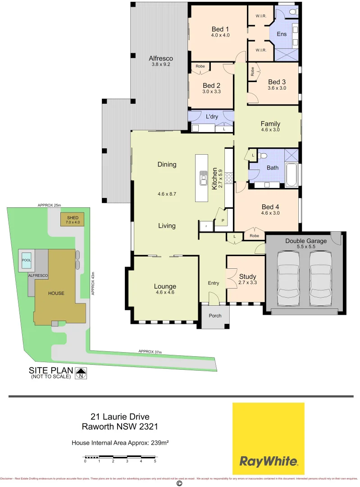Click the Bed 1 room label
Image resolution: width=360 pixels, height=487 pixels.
pyautogui.click(x=221, y=29)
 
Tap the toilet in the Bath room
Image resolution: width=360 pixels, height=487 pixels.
pyautogui.click(x=263, y=156)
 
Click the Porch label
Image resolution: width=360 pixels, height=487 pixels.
pyautogui.click(x=215, y=315)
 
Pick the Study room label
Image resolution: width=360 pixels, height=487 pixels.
pyautogui.click(x=247, y=276)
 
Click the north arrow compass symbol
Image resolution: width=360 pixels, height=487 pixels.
pyautogui.click(x=81, y=373)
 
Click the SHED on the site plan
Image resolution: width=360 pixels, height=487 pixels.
pyautogui.click(x=73, y=220)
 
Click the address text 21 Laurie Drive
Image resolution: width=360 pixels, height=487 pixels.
pyautogui.click(x=120, y=417)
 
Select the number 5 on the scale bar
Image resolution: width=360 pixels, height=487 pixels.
pyautogui.click(x=155, y=461)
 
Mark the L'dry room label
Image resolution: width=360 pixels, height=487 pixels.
pyautogui.click(x=212, y=117)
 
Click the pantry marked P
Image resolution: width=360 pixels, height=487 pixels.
pyautogui.click(x=222, y=220)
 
